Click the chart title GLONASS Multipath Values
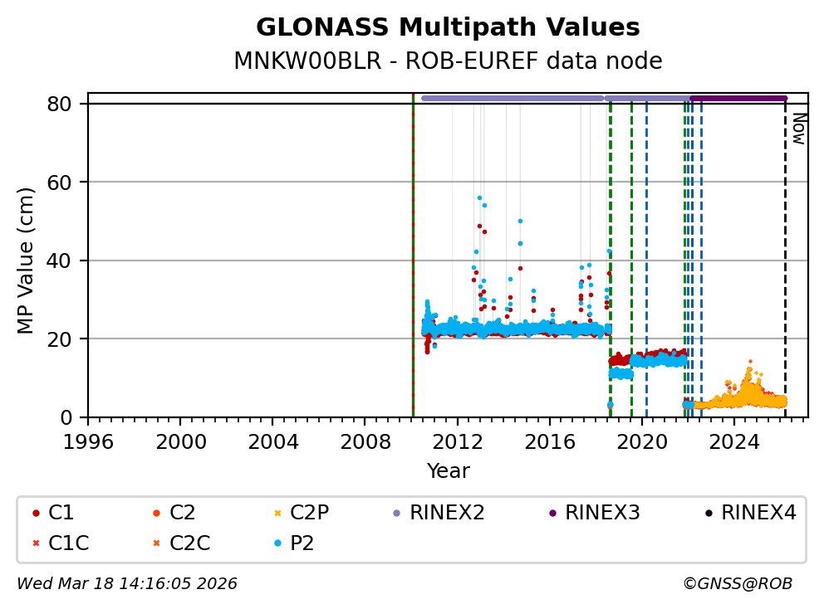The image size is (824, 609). [x=448, y=27]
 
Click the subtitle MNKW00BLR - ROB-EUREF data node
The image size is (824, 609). [x=448, y=61]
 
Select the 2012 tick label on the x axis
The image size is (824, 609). [x=458, y=441]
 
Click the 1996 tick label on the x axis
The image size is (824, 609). [x=89, y=441]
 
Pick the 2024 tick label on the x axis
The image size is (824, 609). [x=734, y=441]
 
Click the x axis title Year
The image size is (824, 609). [x=448, y=471]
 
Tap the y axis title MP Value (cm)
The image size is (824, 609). [x=27, y=261]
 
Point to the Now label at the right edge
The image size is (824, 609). [x=798, y=129]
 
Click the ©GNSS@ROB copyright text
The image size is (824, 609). [x=737, y=584]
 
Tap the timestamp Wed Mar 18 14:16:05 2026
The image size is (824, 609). [x=127, y=584]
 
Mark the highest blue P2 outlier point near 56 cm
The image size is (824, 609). [x=479, y=197]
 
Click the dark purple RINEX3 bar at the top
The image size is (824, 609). [x=738, y=98]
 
